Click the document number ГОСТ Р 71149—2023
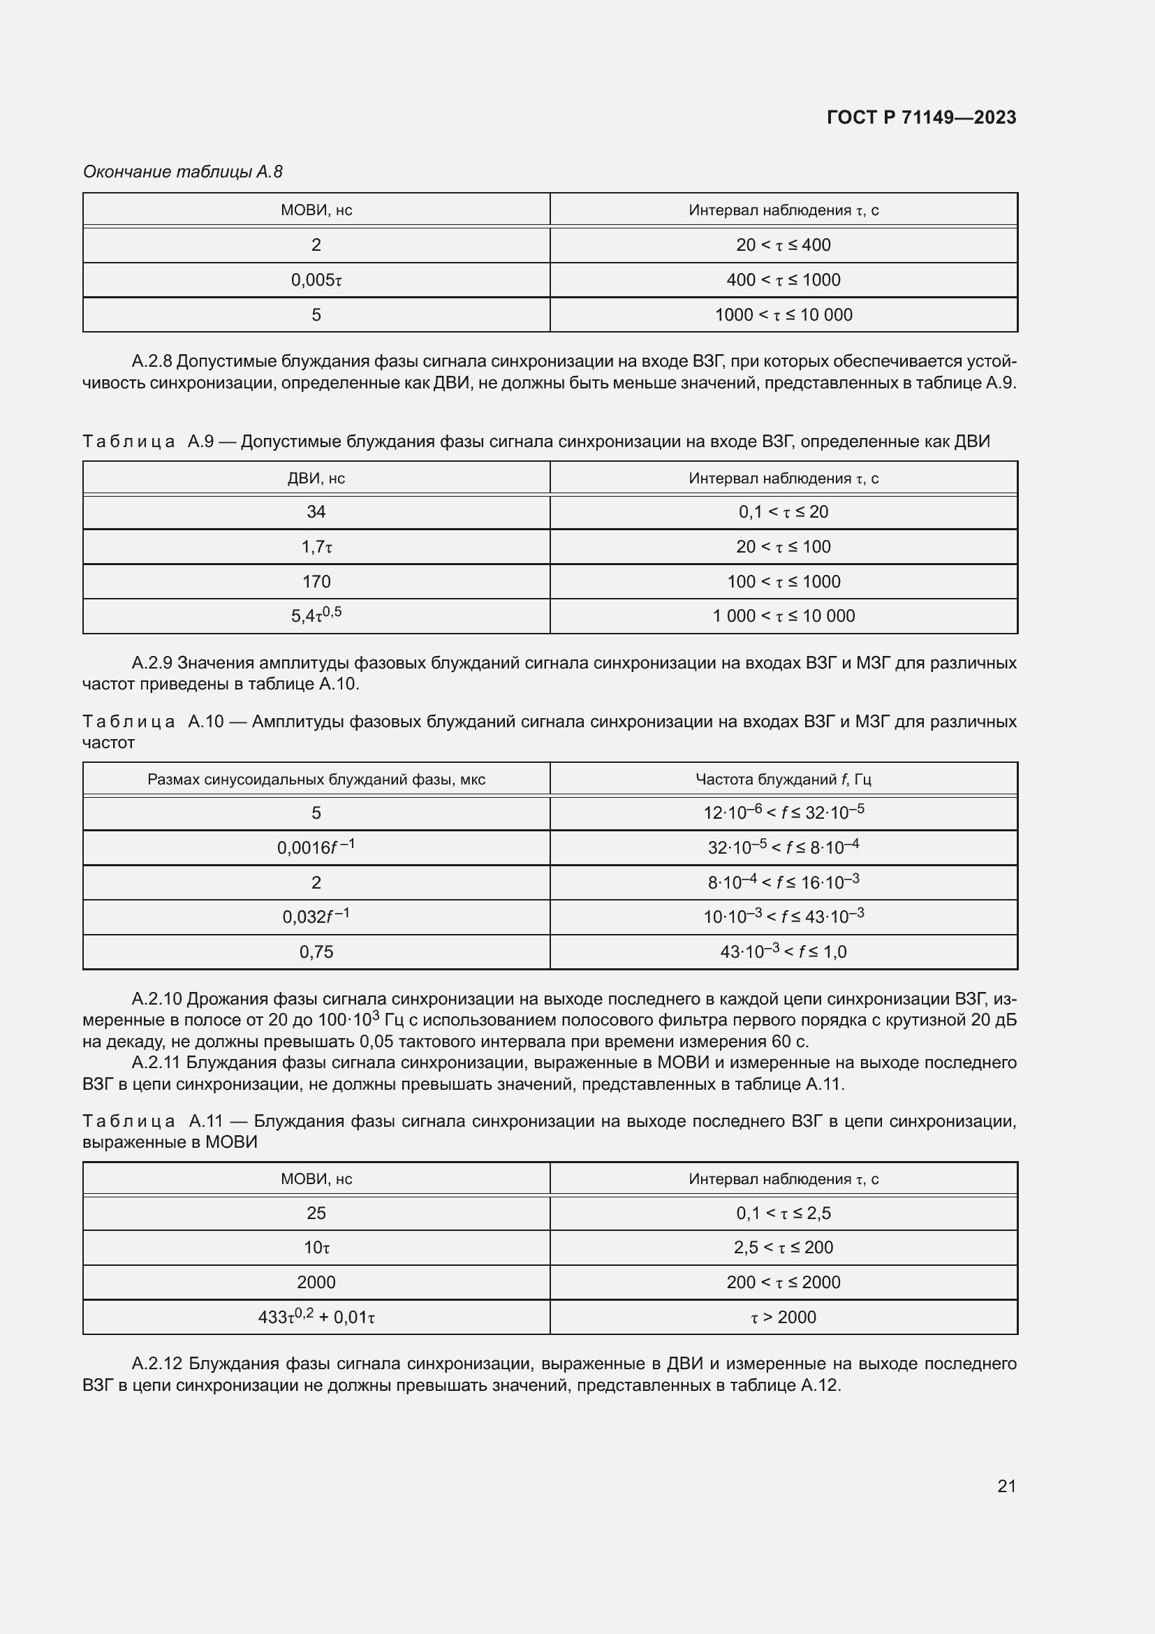coord(921,117)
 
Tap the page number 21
coord(1006,1486)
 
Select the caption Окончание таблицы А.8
coord(183,172)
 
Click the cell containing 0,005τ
coord(316,280)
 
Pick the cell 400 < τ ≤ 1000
coord(783,280)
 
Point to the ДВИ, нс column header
coord(316,479)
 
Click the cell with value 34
coord(316,511)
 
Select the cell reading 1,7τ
coord(316,547)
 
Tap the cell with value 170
coord(316,581)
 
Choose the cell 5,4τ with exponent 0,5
coord(316,615)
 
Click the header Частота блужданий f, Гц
coord(783,780)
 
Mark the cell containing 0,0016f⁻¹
coord(316,847)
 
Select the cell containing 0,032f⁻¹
coord(316,917)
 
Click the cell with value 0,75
coord(316,952)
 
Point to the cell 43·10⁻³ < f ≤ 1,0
coord(783,952)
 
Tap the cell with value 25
coord(316,1213)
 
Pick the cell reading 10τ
coord(316,1248)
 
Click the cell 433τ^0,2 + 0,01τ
coord(316,1318)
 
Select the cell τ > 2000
coord(783,1318)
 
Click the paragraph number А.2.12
coord(157,1364)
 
